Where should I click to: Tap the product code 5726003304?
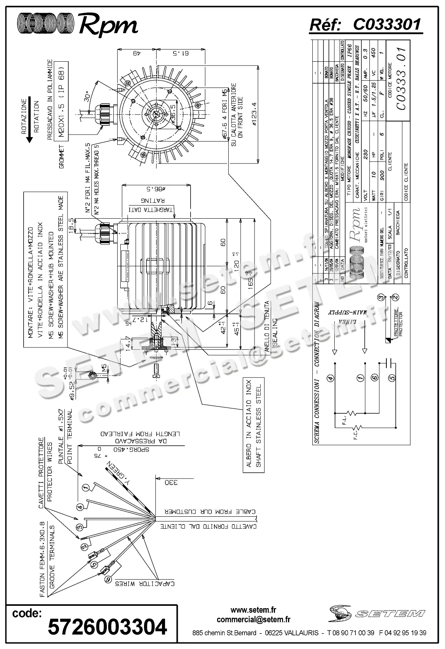[107, 627]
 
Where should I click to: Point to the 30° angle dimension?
[87, 95]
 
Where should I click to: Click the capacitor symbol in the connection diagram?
[390, 362]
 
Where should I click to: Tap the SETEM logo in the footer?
[376, 613]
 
